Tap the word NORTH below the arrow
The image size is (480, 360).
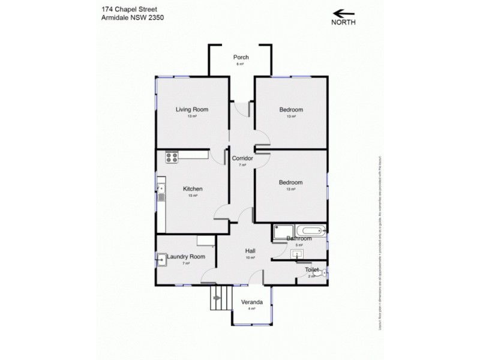[343, 23]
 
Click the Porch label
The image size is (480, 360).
[241, 58]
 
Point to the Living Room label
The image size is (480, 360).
[192, 109]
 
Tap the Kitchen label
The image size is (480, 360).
[193, 189]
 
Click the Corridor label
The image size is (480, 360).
[242, 158]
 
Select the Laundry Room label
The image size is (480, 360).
[187, 257]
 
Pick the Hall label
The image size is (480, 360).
[250, 251]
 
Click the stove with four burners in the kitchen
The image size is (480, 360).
[172, 158]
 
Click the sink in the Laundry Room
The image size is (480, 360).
[162, 260]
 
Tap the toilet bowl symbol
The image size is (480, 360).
[323, 274]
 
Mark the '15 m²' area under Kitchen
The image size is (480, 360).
[193, 196]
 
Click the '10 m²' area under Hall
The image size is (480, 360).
[250, 257]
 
